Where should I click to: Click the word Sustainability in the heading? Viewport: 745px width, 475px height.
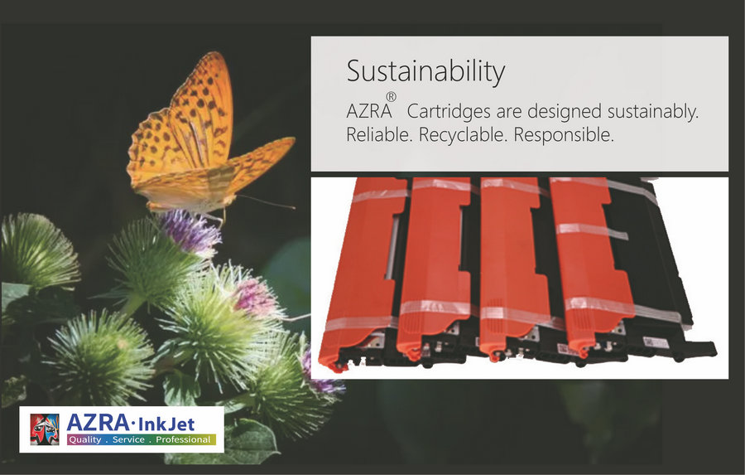coord(425,72)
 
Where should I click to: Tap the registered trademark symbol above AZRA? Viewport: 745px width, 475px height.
coord(391,97)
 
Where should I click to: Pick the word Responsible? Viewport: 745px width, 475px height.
coord(564,134)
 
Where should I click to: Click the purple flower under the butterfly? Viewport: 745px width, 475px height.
coord(190,233)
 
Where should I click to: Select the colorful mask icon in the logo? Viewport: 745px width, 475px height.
coord(45,429)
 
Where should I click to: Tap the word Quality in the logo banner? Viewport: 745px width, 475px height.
coord(85,440)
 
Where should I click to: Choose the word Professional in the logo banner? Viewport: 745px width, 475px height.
coord(183,440)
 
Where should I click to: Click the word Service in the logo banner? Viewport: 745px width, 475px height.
coord(128,440)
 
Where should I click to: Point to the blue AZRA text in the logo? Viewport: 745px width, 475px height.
coord(98,423)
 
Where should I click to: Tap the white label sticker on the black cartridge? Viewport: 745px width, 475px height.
coord(656,342)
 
